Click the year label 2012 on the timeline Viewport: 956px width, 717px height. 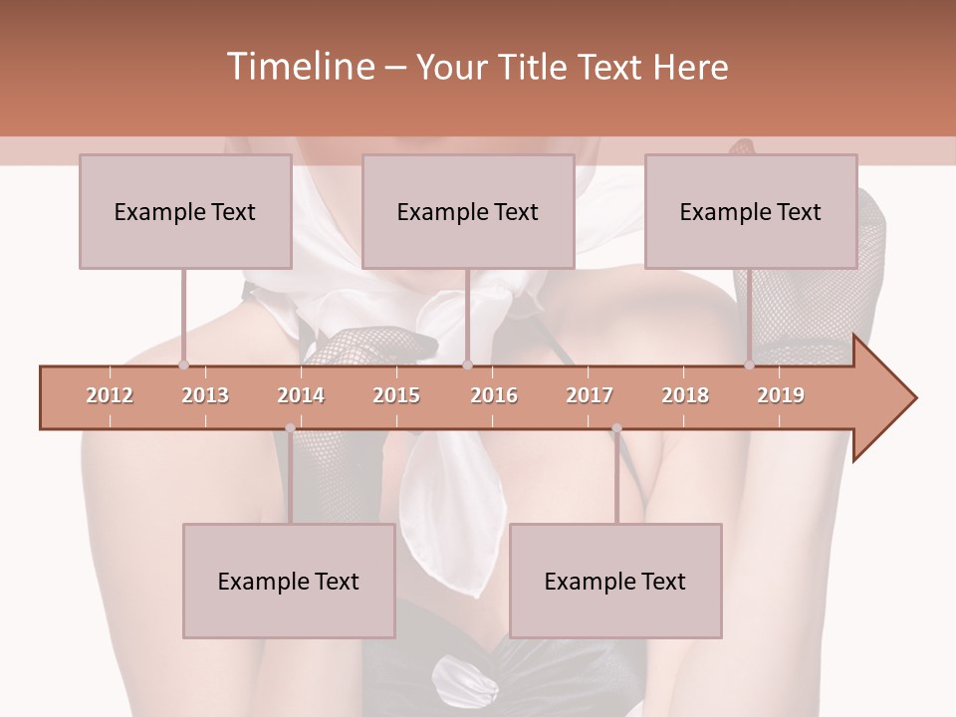110,395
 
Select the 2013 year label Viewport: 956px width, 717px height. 205,395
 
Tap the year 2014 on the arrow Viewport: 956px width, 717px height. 301,395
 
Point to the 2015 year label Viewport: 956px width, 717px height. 396,395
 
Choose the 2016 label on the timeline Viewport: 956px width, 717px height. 494,395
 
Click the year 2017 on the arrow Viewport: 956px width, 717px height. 590,395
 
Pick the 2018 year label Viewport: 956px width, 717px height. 685,395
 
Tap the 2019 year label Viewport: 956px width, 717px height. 781,395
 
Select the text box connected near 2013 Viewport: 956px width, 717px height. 185,211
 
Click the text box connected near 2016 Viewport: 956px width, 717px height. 468,211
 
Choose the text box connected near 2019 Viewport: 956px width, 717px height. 751,211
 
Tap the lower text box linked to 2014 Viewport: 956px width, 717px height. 289,581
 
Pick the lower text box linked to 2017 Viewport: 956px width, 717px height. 615,581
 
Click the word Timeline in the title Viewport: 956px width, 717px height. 300,67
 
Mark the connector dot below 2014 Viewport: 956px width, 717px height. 290,428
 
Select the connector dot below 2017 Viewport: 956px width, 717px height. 616,428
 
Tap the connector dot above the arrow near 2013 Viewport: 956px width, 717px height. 183,364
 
